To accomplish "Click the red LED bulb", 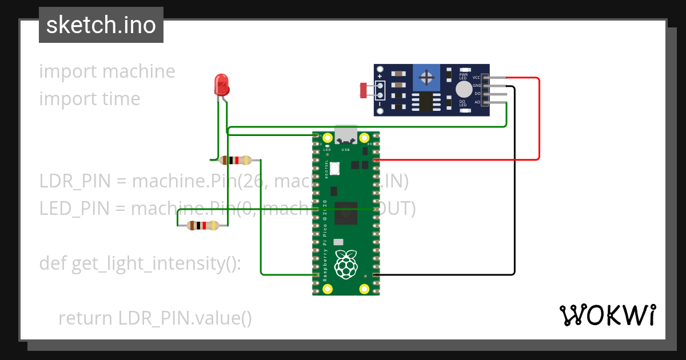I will (x=221, y=85).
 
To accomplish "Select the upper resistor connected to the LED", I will (x=236, y=160).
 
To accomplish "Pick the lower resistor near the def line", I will (x=203, y=226).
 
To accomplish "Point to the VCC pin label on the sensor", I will (x=476, y=77).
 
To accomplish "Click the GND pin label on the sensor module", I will (x=476, y=85).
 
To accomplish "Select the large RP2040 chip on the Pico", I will (x=346, y=213).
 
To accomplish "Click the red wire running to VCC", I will (x=539, y=120).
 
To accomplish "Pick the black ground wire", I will (x=514, y=183).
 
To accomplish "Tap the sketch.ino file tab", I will (x=101, y=25).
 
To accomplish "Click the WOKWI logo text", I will (x=607, y=315).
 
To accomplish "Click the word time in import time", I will (x=121, y=99).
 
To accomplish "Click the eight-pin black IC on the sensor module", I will (x=424, y=102).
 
